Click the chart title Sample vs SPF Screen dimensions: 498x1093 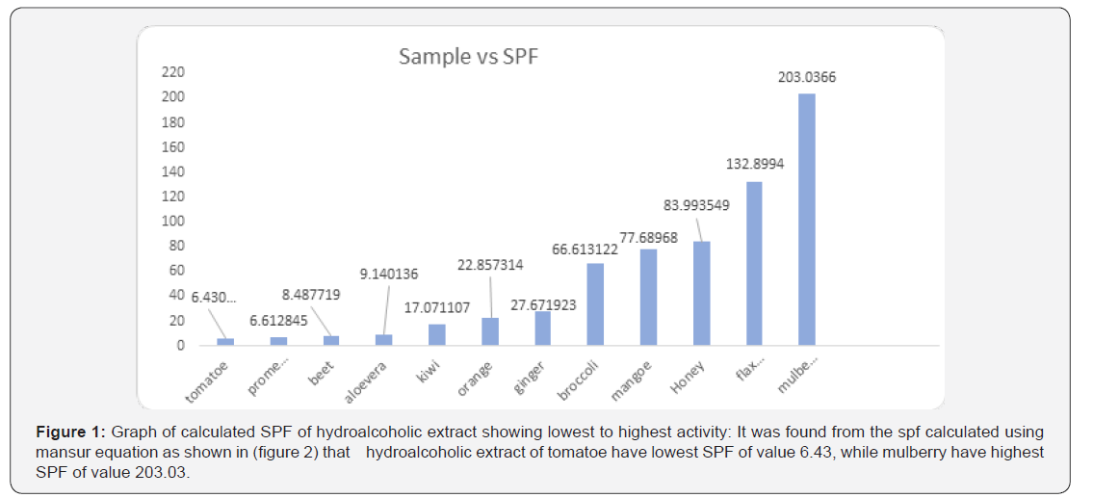coord(468,57)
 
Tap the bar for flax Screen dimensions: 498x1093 coord(754,263)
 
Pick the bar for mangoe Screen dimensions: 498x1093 coord(649,297)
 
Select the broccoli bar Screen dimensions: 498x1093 coord(596,303)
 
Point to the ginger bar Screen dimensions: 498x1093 coord(543,328)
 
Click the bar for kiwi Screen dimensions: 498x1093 coord(437,334)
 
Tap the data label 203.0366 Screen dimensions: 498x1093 coord(807,77)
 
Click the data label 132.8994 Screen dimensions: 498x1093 coord(755,164)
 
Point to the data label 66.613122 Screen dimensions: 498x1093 coord(590,249)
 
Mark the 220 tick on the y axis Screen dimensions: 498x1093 coord(172,72)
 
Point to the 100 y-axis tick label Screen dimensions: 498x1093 coord(172,221)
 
